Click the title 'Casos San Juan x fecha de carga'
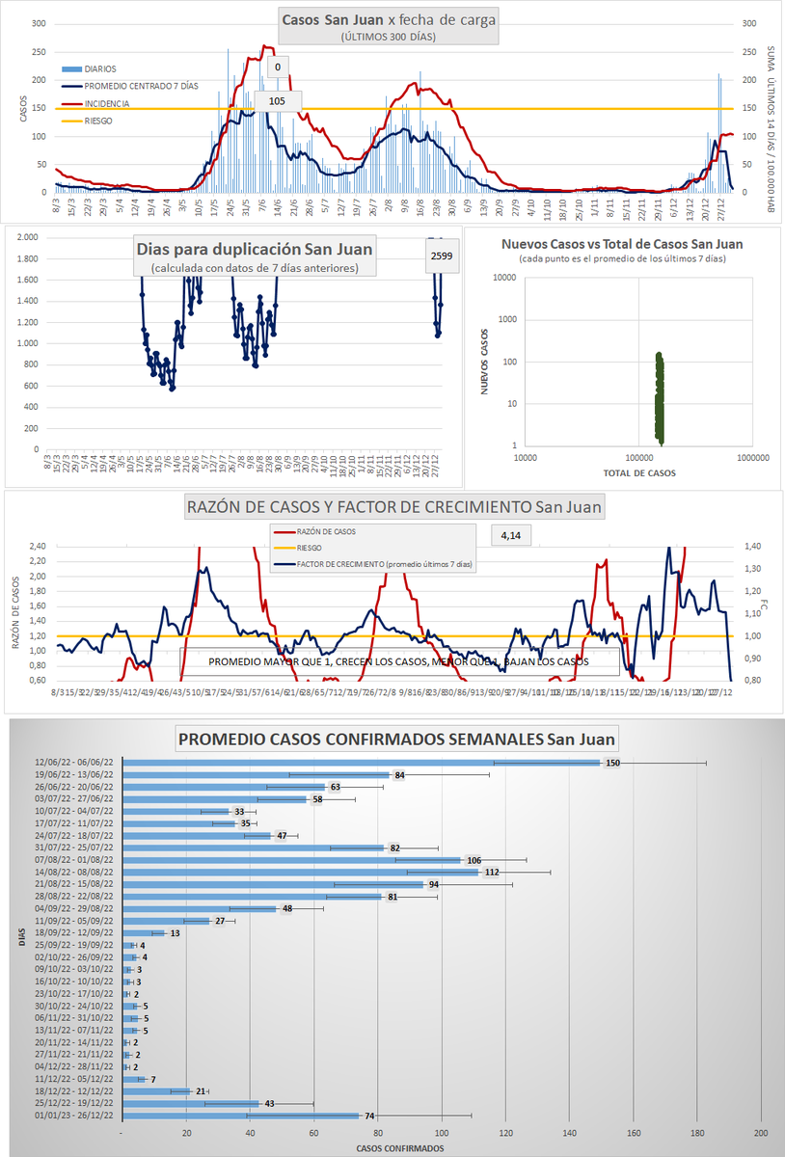pos(388,19)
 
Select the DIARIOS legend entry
pos(100,69)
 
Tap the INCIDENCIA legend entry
pos(106,103)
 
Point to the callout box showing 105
pos(277,101)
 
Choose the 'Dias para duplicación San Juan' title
pos(255,248)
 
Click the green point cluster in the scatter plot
pos(660,395)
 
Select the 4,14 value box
pos(511,534)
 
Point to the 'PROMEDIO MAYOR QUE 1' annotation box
pos(398,662)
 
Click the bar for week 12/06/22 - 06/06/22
pos(362,763)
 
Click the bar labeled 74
pos(241,1116)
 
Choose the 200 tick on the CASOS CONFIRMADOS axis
pos(760,1132)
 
